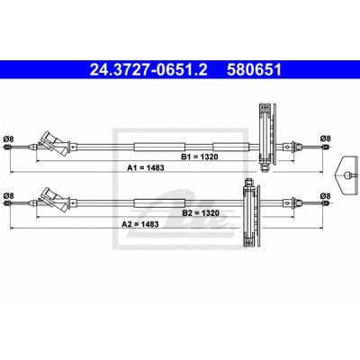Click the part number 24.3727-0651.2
pyautogui.click(x=148, y=70)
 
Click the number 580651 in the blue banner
pyautogui.click(x=255, y=70)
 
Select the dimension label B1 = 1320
pyautogui.click(x=199, y=157)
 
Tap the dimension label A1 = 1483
pyautogui.click(x=146, y=168)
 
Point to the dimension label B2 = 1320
pyautogui.click(x=201, y=213)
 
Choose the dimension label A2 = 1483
pyautogui.click(x=140, y=224)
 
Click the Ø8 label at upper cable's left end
pyautogui.click(x=8, y=139)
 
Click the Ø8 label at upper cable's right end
pyautogui.click(x=325, y=139)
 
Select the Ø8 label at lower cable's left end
pyautogui.click(x=8, y=195)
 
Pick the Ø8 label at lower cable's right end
pyautogui.click(x=325, y=196)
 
